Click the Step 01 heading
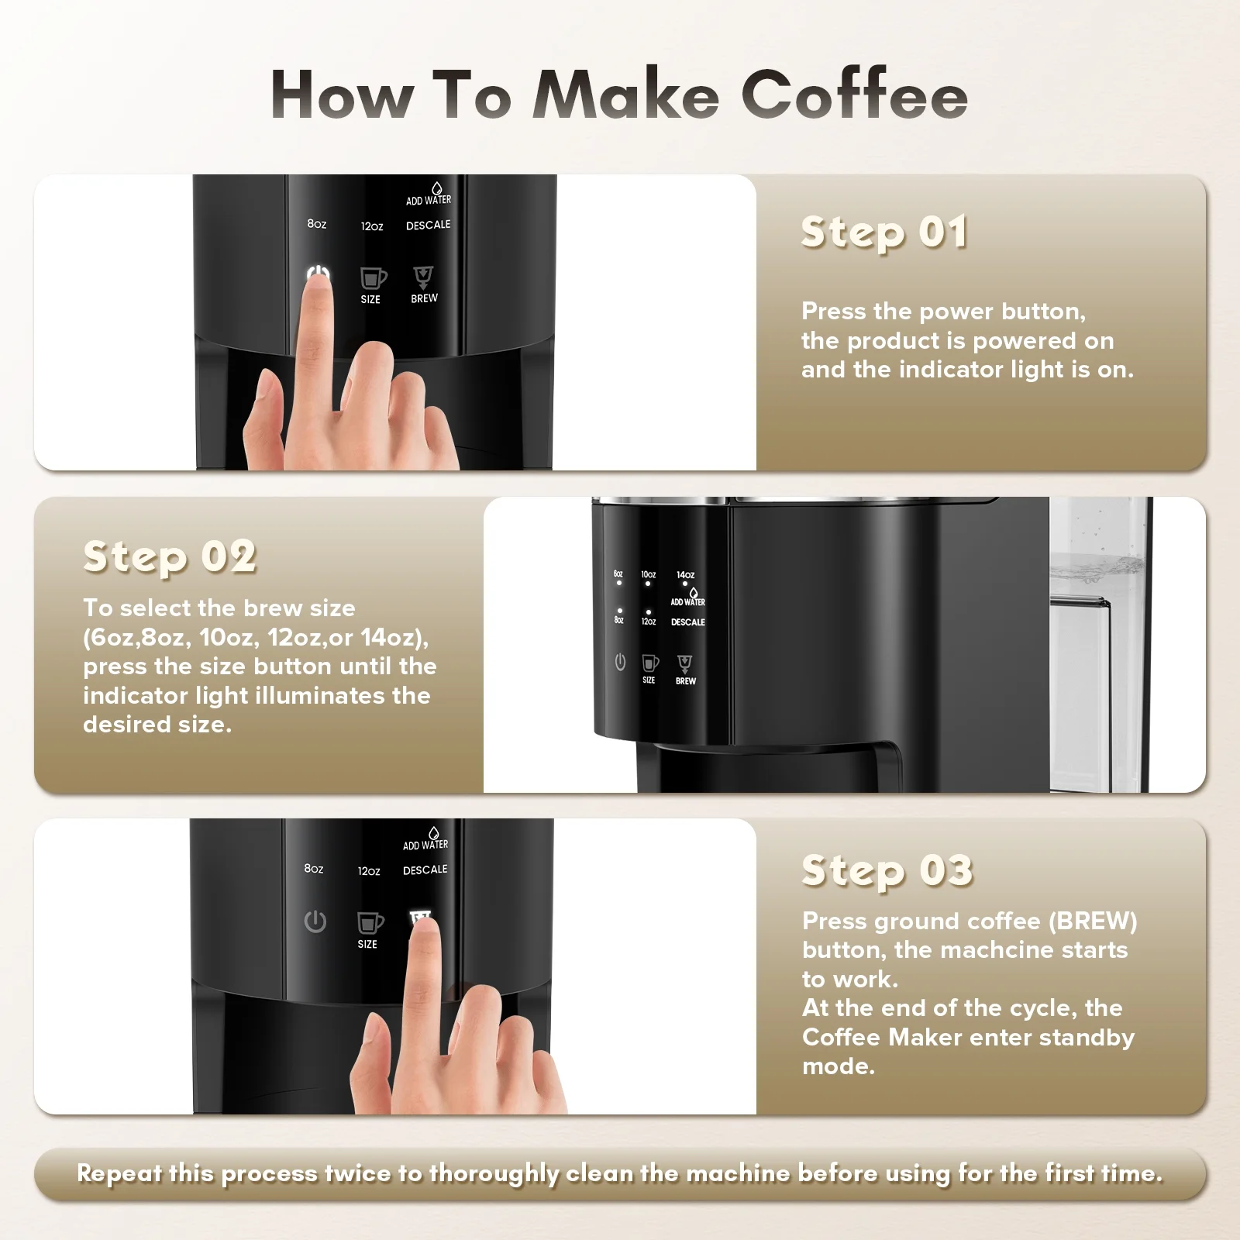click(x=884, y=232)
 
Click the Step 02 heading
click(x=170, y=556)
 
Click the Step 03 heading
click(x=887, y=870)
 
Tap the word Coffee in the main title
click(x=855, y=95)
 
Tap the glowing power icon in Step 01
click(x=318, y=275)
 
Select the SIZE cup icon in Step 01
click(x=373, y=278)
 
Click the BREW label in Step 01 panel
click(x=424, y=298)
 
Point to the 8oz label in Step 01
click(x=317, y=224)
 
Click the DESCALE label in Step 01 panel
click(x=429, y=225)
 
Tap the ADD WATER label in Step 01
click(x=429, y=200)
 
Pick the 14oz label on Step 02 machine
click(x=686, y=575)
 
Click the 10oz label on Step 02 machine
click(x=649, y=575)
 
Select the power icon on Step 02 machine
click(x=620, y=663)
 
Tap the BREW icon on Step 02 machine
click(x=685, y=664)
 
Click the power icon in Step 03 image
click(x=315, y=921)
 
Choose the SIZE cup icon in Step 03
click(x=370, y=923)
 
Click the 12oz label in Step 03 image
click(x=369, y=871)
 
